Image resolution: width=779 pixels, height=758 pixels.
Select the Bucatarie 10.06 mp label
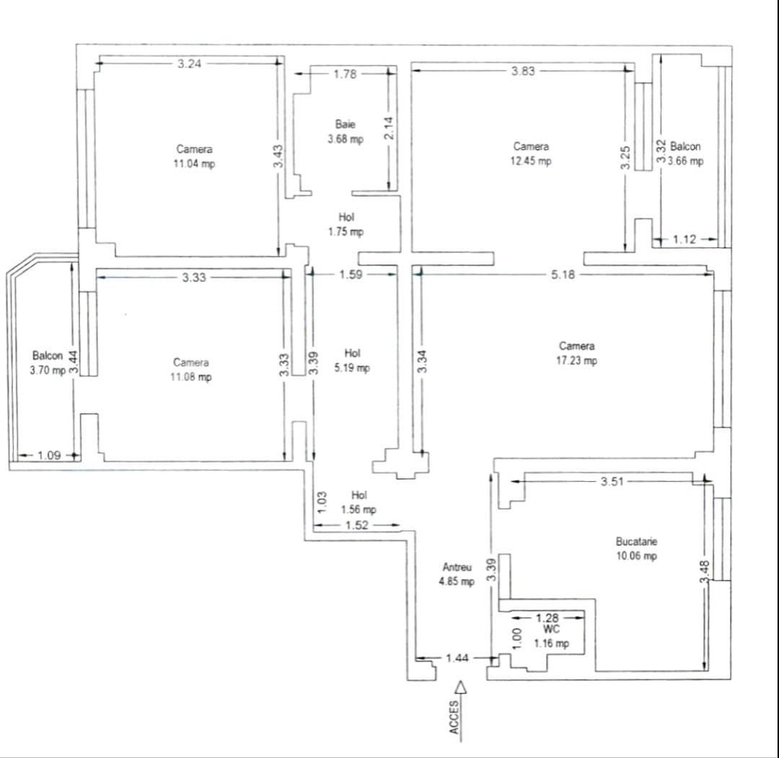[636, 548]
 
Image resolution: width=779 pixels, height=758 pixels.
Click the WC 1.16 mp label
[551, 636]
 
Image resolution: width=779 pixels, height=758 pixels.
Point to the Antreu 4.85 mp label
[457, 574]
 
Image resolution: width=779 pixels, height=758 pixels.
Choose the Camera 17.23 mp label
[576, 353]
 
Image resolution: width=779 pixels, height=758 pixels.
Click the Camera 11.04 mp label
[195, 157]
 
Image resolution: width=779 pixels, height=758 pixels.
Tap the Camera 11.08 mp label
[192, 369]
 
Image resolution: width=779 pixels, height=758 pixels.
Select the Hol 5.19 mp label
[352, 361]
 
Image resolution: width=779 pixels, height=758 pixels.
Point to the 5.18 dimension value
[563, 275]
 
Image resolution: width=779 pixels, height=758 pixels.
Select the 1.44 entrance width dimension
[457, 658]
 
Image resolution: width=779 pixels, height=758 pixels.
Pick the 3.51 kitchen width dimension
[612, 482]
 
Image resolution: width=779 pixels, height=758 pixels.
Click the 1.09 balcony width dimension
[48, 455]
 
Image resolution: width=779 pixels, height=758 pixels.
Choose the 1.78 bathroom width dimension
[345, 74]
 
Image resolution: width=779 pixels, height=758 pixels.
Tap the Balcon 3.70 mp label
[48, 363]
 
